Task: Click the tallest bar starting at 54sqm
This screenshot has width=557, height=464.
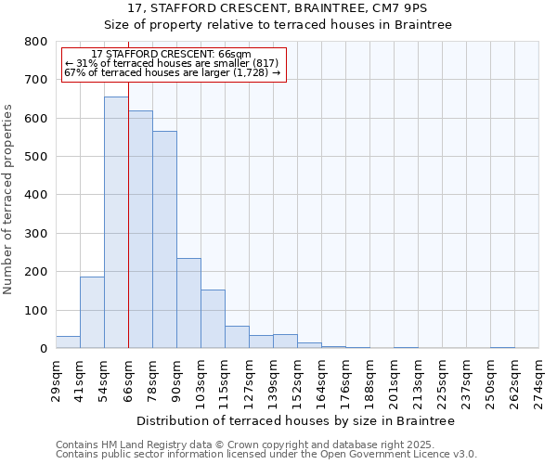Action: point(116,223)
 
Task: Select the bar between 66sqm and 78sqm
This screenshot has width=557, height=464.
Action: point(140,230)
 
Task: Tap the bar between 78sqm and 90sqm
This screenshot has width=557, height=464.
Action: point(164,239)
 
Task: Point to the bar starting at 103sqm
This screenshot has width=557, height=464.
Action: point(213,319)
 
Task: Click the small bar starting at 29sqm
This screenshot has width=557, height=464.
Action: point(68,342)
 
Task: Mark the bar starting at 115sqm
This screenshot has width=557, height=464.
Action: point(237,338)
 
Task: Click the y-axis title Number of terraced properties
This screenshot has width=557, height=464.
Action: point(9,200)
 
